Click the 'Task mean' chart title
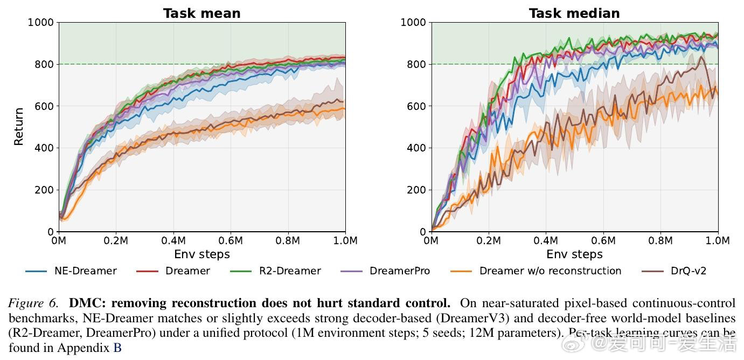point(201,13)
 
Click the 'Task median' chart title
point(574,13)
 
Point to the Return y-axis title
point(19,127)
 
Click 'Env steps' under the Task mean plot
point(201,254)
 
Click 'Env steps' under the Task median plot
point(574,254)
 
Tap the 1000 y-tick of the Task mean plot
point(41,23)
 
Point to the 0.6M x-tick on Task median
point(603,240)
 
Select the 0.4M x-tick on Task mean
point(173,240)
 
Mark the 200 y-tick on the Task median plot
point(417,190)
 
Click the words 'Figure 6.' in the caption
point(32,303)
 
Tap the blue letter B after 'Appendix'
point(117,348)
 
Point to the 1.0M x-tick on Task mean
point(345,240)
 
